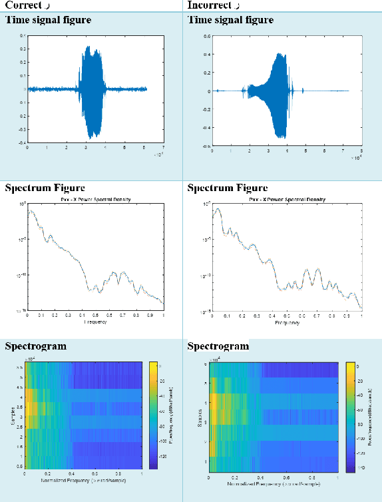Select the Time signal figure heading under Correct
point(48,20)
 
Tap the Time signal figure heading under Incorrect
point(230,20)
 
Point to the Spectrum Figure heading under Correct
point(45,188)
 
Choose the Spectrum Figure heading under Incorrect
point(228,188)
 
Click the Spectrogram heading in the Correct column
point(35,346)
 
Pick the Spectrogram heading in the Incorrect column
point(218,346)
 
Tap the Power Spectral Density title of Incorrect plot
point(286,199)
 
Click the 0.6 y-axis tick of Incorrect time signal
point(208,37)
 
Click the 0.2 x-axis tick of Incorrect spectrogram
point(235,477)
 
